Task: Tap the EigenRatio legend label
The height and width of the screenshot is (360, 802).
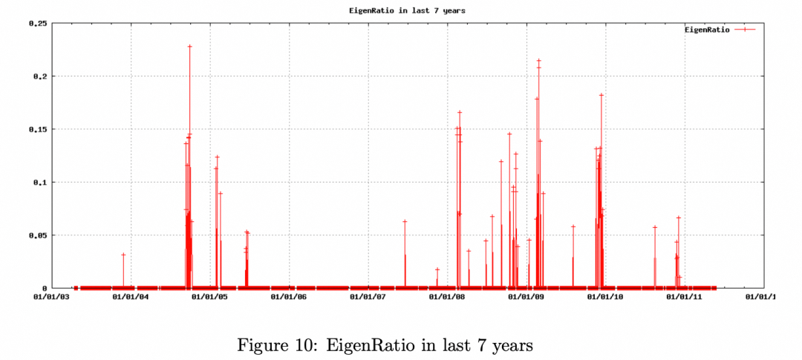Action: coord(707,30)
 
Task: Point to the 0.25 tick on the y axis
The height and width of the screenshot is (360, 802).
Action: coord(38,24)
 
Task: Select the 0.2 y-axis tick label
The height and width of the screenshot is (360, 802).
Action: coord(40,76)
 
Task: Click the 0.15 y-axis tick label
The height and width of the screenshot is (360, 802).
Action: coord(38,129)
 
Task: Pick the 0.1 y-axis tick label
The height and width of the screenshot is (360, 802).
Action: coord(40,183)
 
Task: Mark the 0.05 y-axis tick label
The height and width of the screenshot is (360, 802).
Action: coord(38,235)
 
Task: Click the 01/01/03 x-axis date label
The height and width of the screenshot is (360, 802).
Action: coord(52,298)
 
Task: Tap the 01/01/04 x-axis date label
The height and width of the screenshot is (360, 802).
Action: coord(131,298)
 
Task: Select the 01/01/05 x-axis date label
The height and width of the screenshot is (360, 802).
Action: coord(210,298)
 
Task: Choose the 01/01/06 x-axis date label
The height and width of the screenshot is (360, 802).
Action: coord(289,298)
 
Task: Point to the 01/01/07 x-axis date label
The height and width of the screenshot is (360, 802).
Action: coord(368,298)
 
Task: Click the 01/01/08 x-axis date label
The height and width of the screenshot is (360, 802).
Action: coord(447,298)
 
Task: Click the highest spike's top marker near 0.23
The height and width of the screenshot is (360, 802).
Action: coord(189,47)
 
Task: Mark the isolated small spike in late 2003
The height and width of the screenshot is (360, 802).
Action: coord(123,255)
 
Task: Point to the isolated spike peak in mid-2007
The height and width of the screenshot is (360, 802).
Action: coord(405,221)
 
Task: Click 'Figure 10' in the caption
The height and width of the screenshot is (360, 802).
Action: coord(270,345)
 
